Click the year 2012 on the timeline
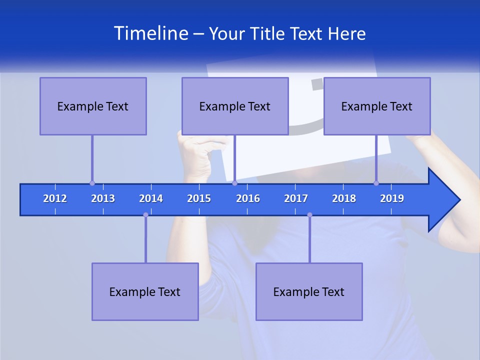[x=55, y=198]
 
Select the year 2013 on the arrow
[x=103, y=198]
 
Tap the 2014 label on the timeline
[x=151, y=198]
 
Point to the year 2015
[x=199, y=198]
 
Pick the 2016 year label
[x=248, y=198]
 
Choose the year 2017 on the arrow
[x=296, y=198]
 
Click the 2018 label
[x=344, y=198]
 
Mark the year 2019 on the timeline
[x=392, y=198]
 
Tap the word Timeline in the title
[x=150, y=33]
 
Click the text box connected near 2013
[x=93, y=106]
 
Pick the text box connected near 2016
[x=235, y=106]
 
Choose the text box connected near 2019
[x=377, y=106]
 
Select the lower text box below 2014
[x=145, y=291]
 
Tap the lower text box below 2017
[x=309, y=291]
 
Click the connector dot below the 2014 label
[x=145, y=214]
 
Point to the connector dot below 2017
[x=309, y=214]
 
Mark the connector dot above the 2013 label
[x=92, y=183]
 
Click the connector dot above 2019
[x=376, y=183]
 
